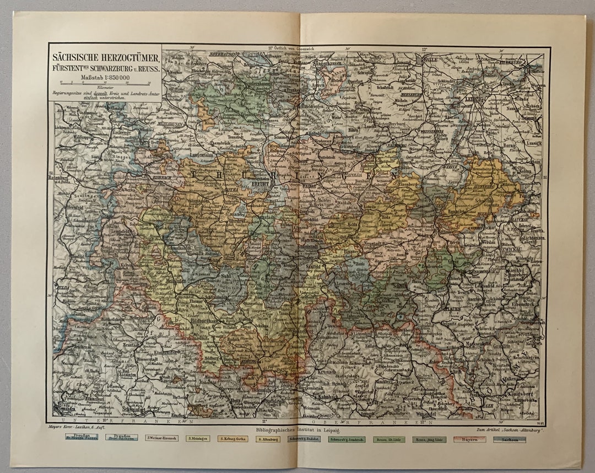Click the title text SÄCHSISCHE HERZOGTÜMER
pyautogui.click(x=105, y=57)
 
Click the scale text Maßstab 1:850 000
pyautogui.click(x=105, y=77)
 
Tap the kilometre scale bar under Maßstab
pyautogui.click(x=105, y=83)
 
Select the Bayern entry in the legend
pyautogui.click(x=469, y=439)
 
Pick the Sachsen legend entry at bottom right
pyautogui.click(x=509, y=439)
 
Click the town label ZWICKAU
pyautogui.click(x=512, y=249)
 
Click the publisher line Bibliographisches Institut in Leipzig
pyautogui.click(x=296, y=428)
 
